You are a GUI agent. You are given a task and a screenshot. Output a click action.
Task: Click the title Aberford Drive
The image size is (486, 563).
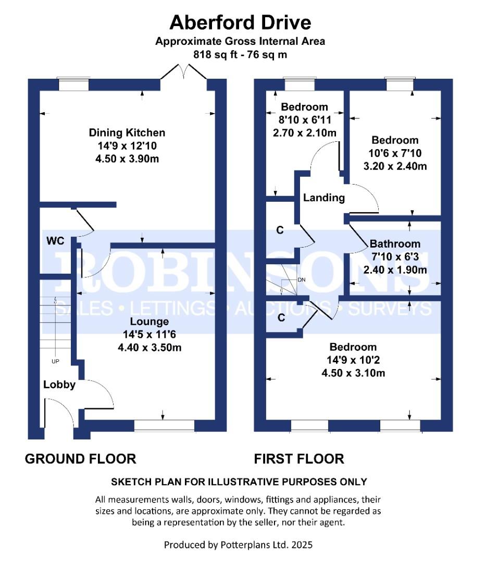click(x=240, y=22)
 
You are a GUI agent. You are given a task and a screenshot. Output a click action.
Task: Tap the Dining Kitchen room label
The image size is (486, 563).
click(x=127, y=133)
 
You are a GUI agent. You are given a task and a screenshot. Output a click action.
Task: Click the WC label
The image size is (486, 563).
click(x=55, y=241)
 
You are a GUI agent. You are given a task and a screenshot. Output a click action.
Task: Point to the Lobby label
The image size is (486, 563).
click(x=59, y=385)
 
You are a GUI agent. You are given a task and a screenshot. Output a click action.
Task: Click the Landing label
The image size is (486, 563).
click(x=324, y=198)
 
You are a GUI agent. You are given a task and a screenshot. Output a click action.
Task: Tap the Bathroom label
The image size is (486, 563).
click(x=395, y=243)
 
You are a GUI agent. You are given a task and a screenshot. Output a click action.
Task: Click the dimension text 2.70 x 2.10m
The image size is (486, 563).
click(x=305, y=133)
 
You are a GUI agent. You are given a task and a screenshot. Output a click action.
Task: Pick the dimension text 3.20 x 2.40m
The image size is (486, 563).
click(x=395, y=166)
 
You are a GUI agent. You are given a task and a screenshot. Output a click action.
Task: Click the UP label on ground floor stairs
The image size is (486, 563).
click(x=55, y=361)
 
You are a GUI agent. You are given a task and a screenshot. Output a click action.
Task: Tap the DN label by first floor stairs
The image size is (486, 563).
click(x=301, y=280)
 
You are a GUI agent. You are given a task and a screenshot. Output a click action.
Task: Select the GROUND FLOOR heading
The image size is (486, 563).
click(x=81, y=459)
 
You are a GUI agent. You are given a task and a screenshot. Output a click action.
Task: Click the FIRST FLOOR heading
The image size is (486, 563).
click(x=299, y=459)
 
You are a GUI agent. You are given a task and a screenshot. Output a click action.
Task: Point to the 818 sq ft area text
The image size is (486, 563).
click(x=240, y=54)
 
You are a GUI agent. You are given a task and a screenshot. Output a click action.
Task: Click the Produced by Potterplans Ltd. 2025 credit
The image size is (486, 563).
click(x=238, y=545)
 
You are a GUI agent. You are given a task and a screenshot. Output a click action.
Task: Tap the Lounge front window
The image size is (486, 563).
click(x=164, y=426)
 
